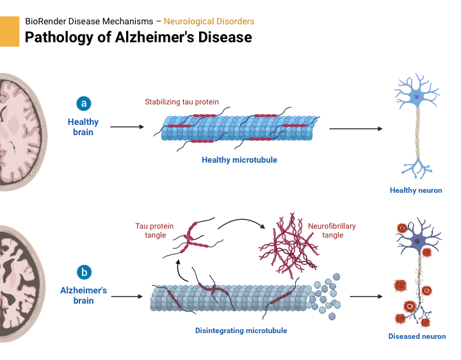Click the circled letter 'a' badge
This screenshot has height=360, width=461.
click(x=83, y=103)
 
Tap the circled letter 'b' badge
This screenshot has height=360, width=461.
click(x=83, y=272)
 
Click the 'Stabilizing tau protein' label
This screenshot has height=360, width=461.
click(x=182, y=102)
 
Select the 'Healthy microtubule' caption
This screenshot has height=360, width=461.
click(x=239, y=160)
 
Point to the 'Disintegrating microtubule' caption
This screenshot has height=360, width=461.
click(x=241, y=331)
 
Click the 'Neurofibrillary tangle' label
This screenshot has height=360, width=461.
click(x=332, y=231)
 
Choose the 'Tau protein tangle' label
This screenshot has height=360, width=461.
click(x=150, y=231)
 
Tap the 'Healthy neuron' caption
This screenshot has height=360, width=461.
click(x=416, y=190)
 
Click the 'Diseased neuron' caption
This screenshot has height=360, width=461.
click(x=417, y=336)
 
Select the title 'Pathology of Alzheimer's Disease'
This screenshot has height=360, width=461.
click(x=138, y=37)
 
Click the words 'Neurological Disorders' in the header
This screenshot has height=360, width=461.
click(x=209, y=21)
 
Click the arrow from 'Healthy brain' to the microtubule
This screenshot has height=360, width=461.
click(x=127, y=127)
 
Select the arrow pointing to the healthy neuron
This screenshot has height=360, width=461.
click(x=355, y=129)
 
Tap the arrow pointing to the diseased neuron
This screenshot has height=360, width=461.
click(x=366, y=297)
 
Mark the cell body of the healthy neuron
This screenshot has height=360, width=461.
click(x=417, y=97)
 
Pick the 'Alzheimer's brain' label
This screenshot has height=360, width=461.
click(x=83, y=295)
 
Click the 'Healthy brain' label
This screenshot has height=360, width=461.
click(x=83, y=127)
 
